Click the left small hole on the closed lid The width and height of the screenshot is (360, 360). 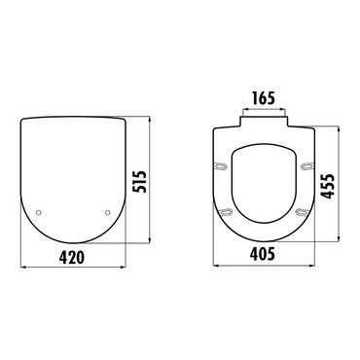[x=38, y=214]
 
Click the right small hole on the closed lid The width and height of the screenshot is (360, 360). [x=106, y=214]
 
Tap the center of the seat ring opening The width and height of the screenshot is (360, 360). [x=263, y=180]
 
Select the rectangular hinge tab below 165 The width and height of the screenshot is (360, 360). [x=263, y=123]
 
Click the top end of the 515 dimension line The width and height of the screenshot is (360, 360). [x=151, y=120]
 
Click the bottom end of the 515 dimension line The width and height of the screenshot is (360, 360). [x=151, y=243]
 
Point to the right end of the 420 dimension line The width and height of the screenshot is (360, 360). [x=125, y=268]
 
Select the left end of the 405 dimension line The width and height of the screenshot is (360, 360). [x=213, y=268]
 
